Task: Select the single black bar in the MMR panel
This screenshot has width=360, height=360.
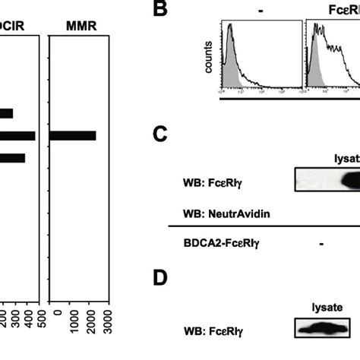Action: point(73,135)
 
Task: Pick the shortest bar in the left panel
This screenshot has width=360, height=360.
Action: point(6,113)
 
